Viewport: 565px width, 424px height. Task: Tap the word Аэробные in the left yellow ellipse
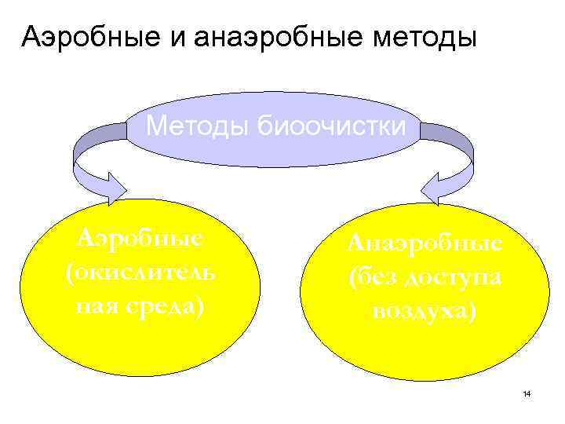point(139,237)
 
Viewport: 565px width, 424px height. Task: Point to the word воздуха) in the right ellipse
point(425,311)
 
